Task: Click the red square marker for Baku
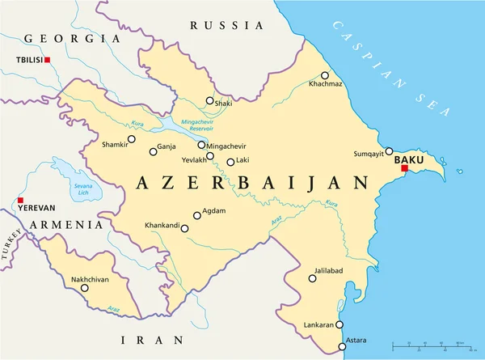404,168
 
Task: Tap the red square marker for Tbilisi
48,60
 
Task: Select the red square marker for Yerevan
20,200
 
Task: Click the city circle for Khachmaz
325,75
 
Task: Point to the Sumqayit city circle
389,150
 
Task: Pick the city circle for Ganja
154,151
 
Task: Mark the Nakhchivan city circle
85,287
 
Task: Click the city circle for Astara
343,346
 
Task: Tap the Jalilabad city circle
312,279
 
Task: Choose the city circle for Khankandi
184,229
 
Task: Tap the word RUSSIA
216,26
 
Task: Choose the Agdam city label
214,210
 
